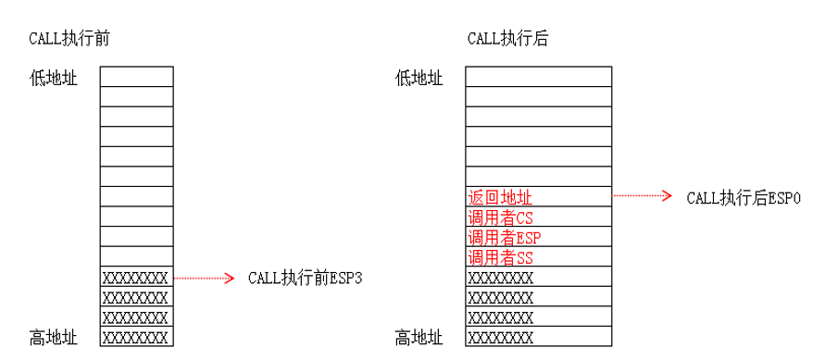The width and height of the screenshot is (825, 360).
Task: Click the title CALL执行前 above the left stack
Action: (x=71, y=40)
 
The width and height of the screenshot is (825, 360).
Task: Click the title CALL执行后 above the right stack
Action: (x=511, y=40)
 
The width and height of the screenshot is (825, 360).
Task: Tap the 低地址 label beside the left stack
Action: (x=54, y=78)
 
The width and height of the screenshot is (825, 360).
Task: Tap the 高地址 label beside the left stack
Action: (x=54, y=337)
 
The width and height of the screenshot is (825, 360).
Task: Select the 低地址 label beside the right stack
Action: (x=419, y=78)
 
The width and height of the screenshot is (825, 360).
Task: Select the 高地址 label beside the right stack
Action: (x=419, y=337)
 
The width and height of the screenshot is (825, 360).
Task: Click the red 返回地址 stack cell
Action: (x=538, y=197)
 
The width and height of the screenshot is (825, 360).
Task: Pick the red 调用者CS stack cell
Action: (x=538, y=217)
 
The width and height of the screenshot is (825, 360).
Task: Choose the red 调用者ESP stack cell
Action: (x=538, y=237)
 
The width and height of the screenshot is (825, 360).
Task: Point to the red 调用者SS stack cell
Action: (x=538, y=257)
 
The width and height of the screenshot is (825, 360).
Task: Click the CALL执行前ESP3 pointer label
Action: (x=304, y=278)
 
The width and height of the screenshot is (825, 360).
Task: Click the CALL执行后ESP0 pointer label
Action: (x=743, y=197)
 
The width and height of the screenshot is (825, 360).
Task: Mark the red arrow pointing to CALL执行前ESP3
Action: (x=205, y=278)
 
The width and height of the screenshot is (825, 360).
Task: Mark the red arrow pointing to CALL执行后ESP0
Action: (x=643, y=196)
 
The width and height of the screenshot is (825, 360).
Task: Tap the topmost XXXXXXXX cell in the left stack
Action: (x=136, y=277)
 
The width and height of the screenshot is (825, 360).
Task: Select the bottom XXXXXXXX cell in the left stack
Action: (x=136, y=337)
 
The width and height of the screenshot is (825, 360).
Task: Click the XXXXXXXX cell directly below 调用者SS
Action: (x=538, y=277)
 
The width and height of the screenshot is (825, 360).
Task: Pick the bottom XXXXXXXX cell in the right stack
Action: (x=538, y=337)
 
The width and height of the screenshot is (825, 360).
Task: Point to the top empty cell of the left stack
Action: (x=136, y=76)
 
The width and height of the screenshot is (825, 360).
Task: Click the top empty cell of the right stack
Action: (x=538, y=76)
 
